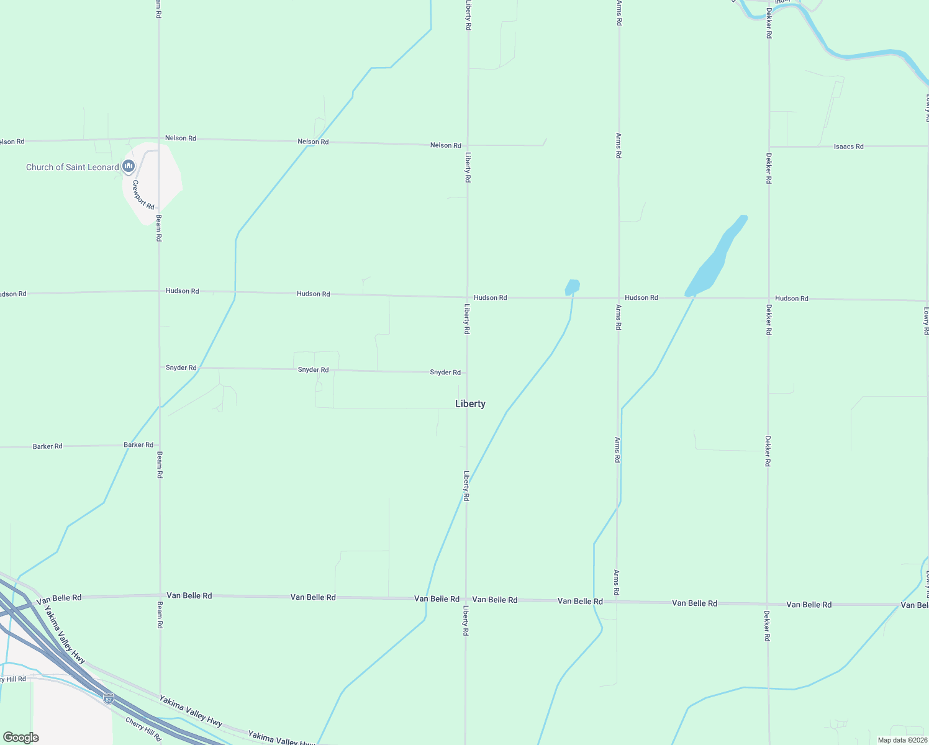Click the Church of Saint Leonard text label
72,167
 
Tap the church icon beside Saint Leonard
129,166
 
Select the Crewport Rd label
143,195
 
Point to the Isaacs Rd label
848,147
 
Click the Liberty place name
470,404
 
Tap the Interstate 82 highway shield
109,698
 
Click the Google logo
21,737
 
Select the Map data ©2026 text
902,740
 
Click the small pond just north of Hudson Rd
572,287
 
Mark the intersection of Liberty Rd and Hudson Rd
467,297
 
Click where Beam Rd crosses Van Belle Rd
160,596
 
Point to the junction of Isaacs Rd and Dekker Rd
769,147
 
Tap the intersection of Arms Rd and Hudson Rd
619,298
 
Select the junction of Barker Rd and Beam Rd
160,445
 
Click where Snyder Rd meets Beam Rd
160,368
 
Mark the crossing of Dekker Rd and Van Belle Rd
768,603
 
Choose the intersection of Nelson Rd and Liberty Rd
468,145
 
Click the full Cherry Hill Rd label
143,729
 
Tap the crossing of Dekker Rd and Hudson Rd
768,299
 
